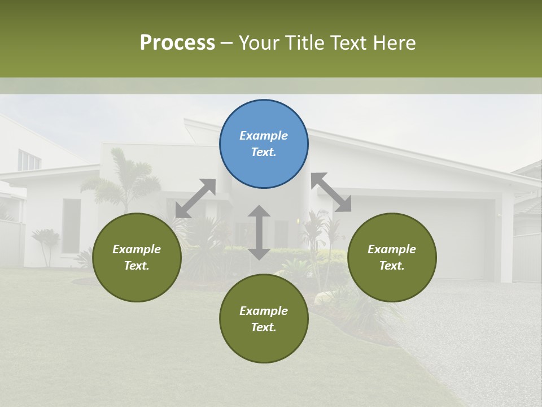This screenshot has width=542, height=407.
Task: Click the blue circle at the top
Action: pos(264,144)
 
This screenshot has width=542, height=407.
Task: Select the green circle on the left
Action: pos(137,257)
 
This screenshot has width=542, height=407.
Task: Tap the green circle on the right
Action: pos(392,257)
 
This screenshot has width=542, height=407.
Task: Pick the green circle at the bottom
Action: pos(264,318)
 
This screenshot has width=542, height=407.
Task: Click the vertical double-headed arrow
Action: pos(259,232)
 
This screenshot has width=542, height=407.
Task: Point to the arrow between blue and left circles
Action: pos(195,198)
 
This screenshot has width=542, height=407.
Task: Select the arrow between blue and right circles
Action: pos(331,192)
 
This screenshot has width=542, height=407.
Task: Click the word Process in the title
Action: pos(177,42)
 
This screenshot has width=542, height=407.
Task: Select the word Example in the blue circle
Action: pos(264,136)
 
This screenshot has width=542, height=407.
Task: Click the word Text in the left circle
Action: pos(137,266)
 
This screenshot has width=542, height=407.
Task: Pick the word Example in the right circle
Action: pos(392,249)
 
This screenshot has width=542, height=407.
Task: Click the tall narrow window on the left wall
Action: pos(71,226)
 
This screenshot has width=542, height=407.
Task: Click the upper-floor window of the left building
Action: pos(29,160)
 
